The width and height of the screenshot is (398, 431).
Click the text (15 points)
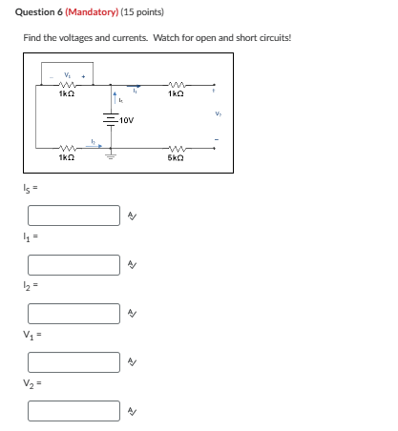pos(143,12)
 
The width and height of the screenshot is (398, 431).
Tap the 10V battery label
pos(128,121)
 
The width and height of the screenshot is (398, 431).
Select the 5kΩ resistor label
pos(176,157)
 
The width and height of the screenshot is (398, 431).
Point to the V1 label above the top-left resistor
pos(67,76)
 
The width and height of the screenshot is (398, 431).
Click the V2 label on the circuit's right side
pos(218,115)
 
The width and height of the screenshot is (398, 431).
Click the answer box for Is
pos(73,215)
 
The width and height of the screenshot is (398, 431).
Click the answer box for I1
pos(73,264)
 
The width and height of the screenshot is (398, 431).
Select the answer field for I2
pos(73,313)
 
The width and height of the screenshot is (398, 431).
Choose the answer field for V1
pos(73,361)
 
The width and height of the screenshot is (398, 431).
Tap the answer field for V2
pos(73,410)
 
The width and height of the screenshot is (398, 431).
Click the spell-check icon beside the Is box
pos(133,216)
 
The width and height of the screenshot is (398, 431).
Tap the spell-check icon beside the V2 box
pos(133,411)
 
